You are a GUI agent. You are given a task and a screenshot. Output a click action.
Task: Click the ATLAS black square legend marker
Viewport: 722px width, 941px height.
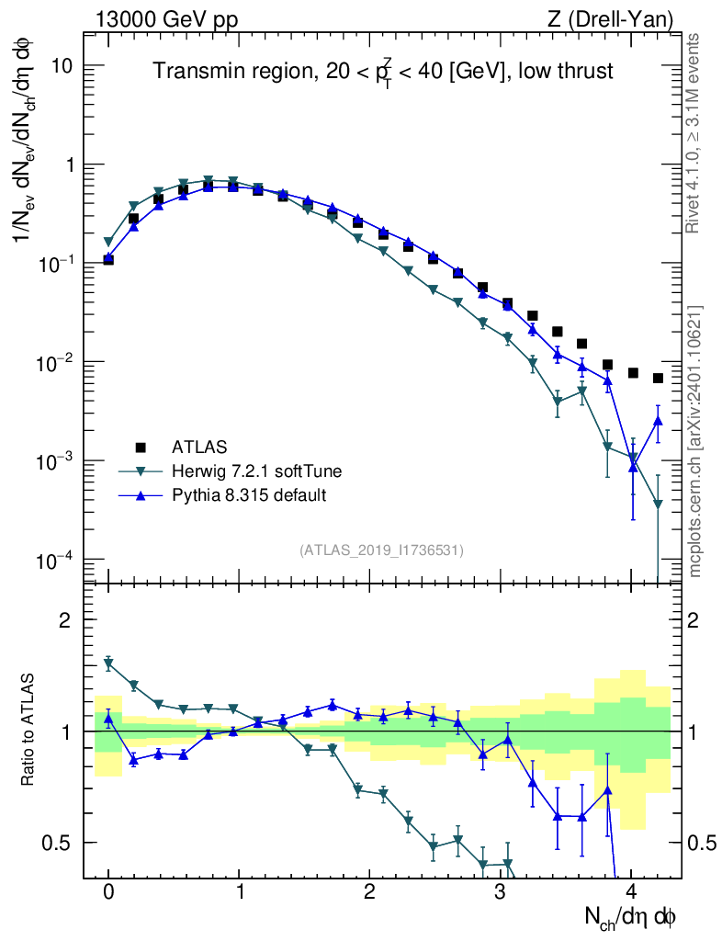point(141,448)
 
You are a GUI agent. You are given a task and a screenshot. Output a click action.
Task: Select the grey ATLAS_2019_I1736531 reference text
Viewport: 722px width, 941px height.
point(381,550)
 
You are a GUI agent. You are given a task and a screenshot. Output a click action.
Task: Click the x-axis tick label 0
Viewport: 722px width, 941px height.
point(108,892)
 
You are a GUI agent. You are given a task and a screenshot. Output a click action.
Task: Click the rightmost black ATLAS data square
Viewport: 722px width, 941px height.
point(658,379)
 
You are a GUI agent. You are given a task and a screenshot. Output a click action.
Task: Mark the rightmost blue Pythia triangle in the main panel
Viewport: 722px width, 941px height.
point(658,421)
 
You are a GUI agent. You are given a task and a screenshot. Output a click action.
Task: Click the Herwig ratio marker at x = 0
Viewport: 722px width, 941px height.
point(108,663)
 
